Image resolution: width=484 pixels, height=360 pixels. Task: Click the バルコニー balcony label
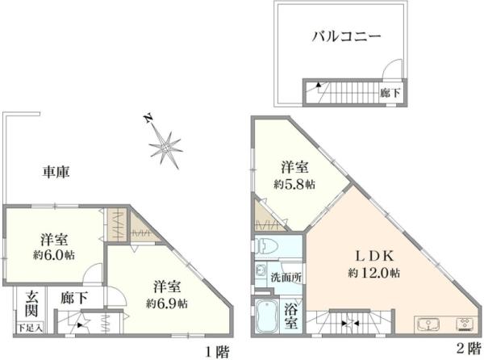(x=346, y=37)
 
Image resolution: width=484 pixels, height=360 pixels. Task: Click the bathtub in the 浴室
(x=266, y=316)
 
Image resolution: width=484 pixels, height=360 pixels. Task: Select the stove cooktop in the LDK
(x=466, y=325)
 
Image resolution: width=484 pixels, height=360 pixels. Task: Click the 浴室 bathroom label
(x=294, y=315)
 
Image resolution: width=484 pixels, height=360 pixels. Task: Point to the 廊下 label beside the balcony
(x=390, y=92)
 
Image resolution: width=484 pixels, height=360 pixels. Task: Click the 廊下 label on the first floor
(x=70, y=298)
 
